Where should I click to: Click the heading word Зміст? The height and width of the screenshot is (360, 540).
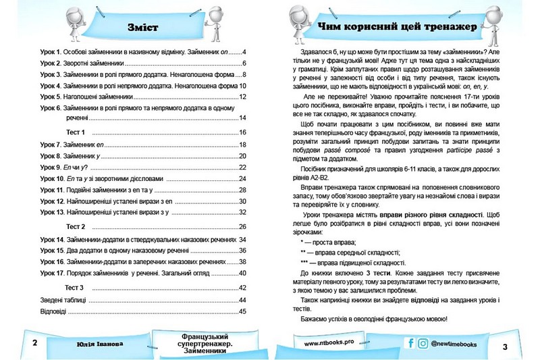pyautogui.click(x=142, y=28)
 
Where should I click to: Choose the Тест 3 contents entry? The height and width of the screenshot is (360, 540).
pyautogui.click(x=74, y=287)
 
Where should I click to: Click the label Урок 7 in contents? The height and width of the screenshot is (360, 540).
pyautogui.click(x=51, y=145)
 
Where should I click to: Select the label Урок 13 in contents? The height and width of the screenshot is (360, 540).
pyautogui.click(x=53, y=212)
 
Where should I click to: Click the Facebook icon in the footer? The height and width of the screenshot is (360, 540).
pyautogui.click(x=410, y=344)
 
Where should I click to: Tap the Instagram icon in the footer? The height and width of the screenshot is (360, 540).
pyautogui.click(x=423, y=344)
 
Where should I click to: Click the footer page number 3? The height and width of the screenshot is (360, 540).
pyautogui.click(x=505, y=346)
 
